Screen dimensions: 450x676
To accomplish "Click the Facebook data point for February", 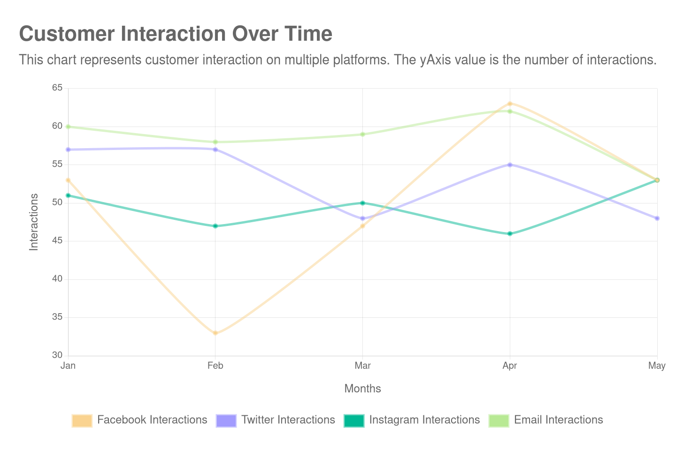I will pyautogui.click(x=215, y=333).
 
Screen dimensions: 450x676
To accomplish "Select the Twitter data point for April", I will pyautogui.click(x=510, y=165).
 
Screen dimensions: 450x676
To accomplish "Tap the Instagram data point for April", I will pyautogui.click(x=510, y=233).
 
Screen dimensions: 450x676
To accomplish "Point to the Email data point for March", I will pyautogui.click(x=362, y=135).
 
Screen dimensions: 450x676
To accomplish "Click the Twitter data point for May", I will pyautogui.click(x=657, y=218).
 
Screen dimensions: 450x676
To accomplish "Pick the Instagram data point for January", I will pyautogui.click(x=68, y=195).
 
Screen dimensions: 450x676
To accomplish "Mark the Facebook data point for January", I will pyautogui.click(x=68, y=180).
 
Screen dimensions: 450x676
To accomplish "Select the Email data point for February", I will pyautogui.click(x=215, y=142).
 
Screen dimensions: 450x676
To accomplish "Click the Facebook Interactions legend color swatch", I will pyautogui.click(x=82, y=420).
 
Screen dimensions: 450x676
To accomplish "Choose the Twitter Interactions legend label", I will pyautogui.click(x=288, y=420).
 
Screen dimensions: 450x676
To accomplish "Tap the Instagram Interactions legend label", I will pyautogui.click(x=424, y=420).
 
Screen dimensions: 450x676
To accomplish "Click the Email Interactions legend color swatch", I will pyautogui.click(x=499, y=420).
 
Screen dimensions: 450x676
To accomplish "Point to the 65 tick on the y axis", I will pyautogui.click(x=57, y=88).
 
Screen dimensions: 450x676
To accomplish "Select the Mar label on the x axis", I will pyautogui.click(x=362, y=366).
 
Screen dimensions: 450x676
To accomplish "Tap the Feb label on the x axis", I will pyautogui.click(x=215, y=366).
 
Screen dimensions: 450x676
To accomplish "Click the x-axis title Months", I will pyautogui.click(x=362, y=389).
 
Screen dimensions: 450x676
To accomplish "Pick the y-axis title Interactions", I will pyautogui.click(x=34, y=222).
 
